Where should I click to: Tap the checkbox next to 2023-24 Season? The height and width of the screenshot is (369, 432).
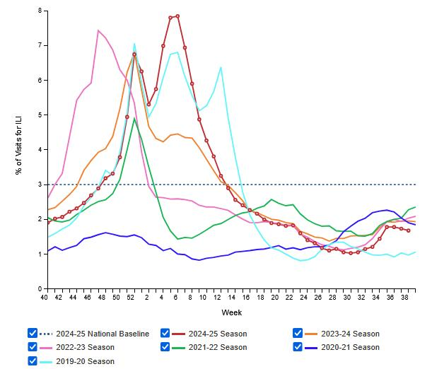[x=298, y=334]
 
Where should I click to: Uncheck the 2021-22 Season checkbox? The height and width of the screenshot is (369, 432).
[x=165, y=347]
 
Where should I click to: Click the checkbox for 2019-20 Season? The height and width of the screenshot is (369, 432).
[x=32, y=361]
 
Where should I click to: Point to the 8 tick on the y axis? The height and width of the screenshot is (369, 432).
[x=39, y=11]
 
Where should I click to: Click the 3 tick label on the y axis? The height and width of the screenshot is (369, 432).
[x=39, y=184]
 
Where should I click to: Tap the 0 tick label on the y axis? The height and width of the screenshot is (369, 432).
[x=39, y=288]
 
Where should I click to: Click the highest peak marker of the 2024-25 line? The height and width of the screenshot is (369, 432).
[x=177, y=16]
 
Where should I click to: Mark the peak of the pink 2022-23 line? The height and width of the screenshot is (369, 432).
[x=98, y=30]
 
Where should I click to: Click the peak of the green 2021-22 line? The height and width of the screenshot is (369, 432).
[x=134, y=119]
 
